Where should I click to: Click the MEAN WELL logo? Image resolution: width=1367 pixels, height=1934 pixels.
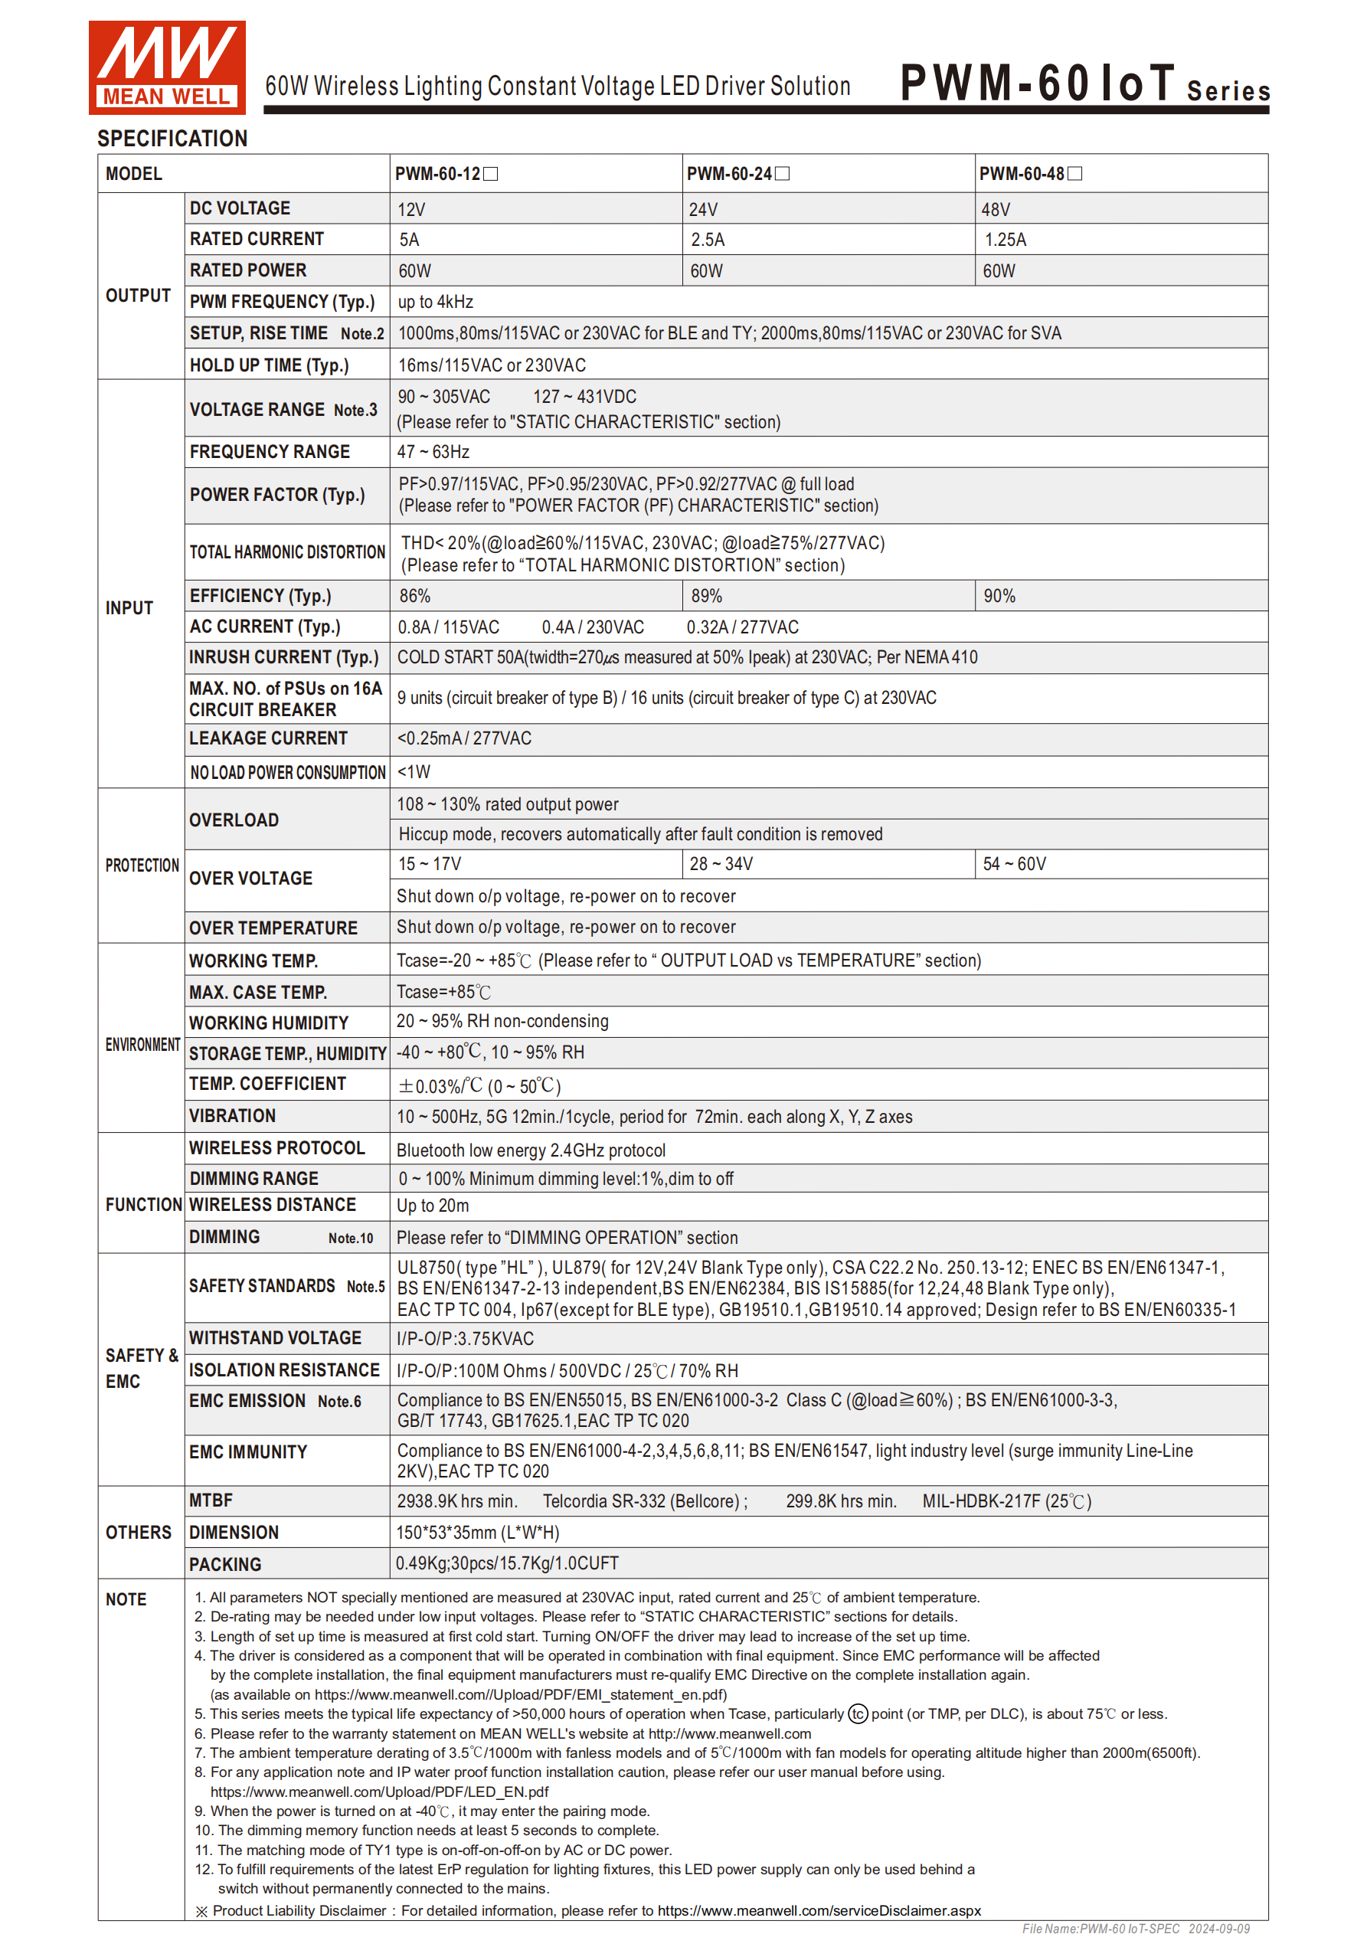point(167,67)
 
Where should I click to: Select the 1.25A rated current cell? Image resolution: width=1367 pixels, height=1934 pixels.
point(1005,240)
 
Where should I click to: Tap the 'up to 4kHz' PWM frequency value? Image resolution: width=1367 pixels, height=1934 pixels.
point(436,302)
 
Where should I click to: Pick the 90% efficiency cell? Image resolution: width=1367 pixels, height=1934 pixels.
point(999,597)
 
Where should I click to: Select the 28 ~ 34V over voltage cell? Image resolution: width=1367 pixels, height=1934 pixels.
point(721,864)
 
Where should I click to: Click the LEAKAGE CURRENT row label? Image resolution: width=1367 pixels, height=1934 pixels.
point(268,738)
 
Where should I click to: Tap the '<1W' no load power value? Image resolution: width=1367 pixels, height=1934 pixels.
point(414,771)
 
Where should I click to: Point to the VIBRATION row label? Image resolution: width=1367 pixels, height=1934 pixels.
point(233,1116)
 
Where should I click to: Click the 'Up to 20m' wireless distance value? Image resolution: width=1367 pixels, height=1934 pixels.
point(433,1206)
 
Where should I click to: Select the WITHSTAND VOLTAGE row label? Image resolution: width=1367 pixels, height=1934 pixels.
point(276,1338)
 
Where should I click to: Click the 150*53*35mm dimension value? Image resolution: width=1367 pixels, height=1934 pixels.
point(478,1532)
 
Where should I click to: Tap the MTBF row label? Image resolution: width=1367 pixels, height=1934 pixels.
point(211,1500)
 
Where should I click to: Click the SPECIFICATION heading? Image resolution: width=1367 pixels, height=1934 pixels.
point(172,139)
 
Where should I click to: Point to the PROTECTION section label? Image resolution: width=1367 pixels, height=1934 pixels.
point(142,865)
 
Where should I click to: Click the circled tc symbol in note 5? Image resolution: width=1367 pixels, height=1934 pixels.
point(858,1714)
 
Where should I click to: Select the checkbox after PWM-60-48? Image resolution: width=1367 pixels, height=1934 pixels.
point(1074,174)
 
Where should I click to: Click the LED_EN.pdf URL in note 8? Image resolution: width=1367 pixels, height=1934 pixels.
point(379,1792)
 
